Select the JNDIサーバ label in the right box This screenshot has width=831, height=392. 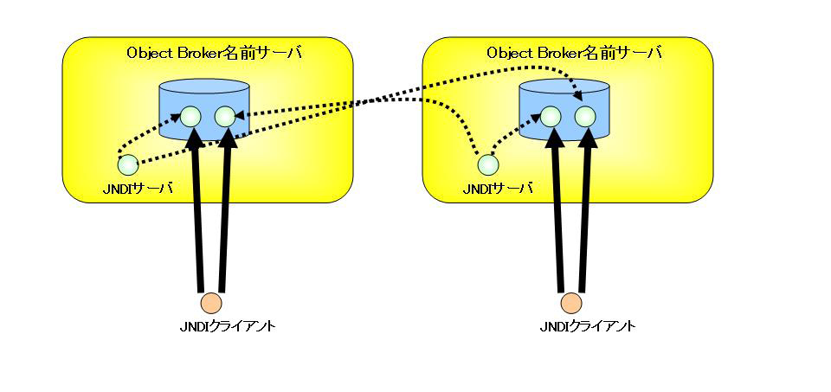coord(498,188)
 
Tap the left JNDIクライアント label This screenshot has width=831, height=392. coord(227,326)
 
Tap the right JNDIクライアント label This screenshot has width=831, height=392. coord(587,326)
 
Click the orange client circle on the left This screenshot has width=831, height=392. coord(210,303)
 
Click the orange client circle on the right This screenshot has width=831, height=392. coord(570,303)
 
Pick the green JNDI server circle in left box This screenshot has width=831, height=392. coord(128,164)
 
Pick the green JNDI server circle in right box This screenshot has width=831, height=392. coord(488,164)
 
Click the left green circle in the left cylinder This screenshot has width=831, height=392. coord(190,116)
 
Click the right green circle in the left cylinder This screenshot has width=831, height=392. coord(224,116)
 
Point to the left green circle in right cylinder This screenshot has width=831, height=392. coord(551,116)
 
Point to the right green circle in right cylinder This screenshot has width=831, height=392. coord(584,116)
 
